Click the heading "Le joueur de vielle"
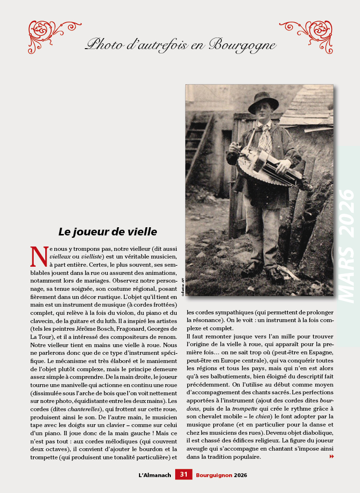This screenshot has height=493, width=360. pos(108,232)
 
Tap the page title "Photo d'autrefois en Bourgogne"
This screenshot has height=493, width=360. pos(180,45)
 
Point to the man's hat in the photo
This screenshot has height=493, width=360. pos(263,102)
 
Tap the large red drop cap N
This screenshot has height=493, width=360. pos(39,257)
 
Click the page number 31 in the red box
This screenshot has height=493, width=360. pos(183,475)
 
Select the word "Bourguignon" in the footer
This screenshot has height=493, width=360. pos(214,475)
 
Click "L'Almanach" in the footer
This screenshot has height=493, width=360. pos(154,475)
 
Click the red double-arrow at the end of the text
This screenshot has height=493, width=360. pos(331,456)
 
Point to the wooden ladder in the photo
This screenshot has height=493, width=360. pos(197,145)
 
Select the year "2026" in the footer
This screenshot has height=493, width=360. pos(241,475)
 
